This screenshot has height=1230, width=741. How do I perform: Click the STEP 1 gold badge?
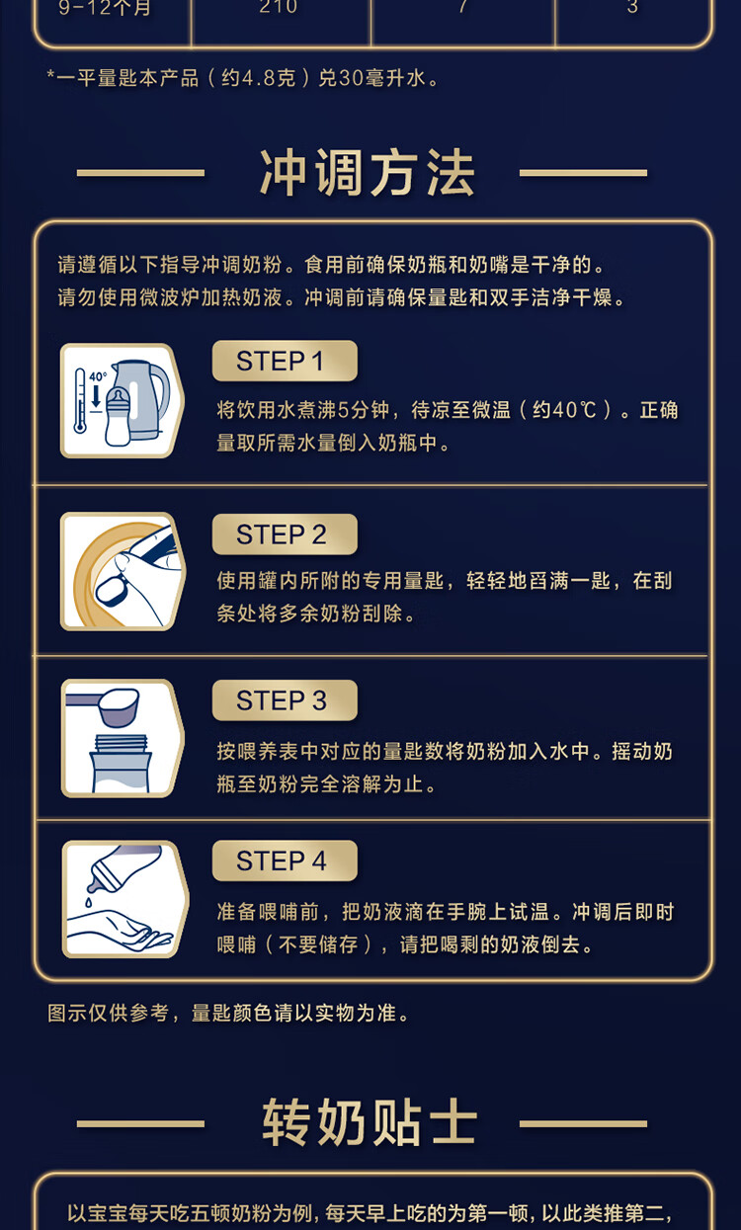click(285, 361)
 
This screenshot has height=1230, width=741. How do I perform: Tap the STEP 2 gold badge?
click(285, 534)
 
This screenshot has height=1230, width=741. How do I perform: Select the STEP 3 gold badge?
click(285, 700)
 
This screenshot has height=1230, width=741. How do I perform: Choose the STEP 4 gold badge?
click(285, 861)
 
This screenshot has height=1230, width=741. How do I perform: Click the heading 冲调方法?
click(367, 173)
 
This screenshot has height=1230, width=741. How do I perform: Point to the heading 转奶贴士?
click(370, 1123)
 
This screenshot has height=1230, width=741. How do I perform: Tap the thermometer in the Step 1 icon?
click(80, 401)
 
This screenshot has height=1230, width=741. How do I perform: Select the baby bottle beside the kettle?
click(118, 416)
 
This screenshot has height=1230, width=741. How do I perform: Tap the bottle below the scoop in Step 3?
click(120, 765)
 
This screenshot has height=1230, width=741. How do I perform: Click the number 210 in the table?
click(279, 8)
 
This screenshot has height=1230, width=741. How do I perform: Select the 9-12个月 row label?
click(105, 8)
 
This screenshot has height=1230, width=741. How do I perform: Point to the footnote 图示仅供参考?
click(108, 1013)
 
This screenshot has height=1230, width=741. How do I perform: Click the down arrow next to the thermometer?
click(96, 396)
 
